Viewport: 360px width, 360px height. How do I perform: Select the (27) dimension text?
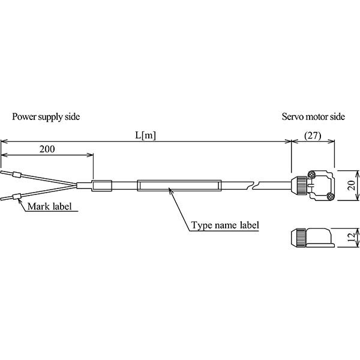(x=313, y=135)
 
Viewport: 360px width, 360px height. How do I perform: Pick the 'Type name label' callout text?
(x=226, y=226)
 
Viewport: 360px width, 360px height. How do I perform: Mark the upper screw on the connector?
(x=311, y=175)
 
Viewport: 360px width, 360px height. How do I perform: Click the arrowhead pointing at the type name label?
(x=170, y=191)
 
